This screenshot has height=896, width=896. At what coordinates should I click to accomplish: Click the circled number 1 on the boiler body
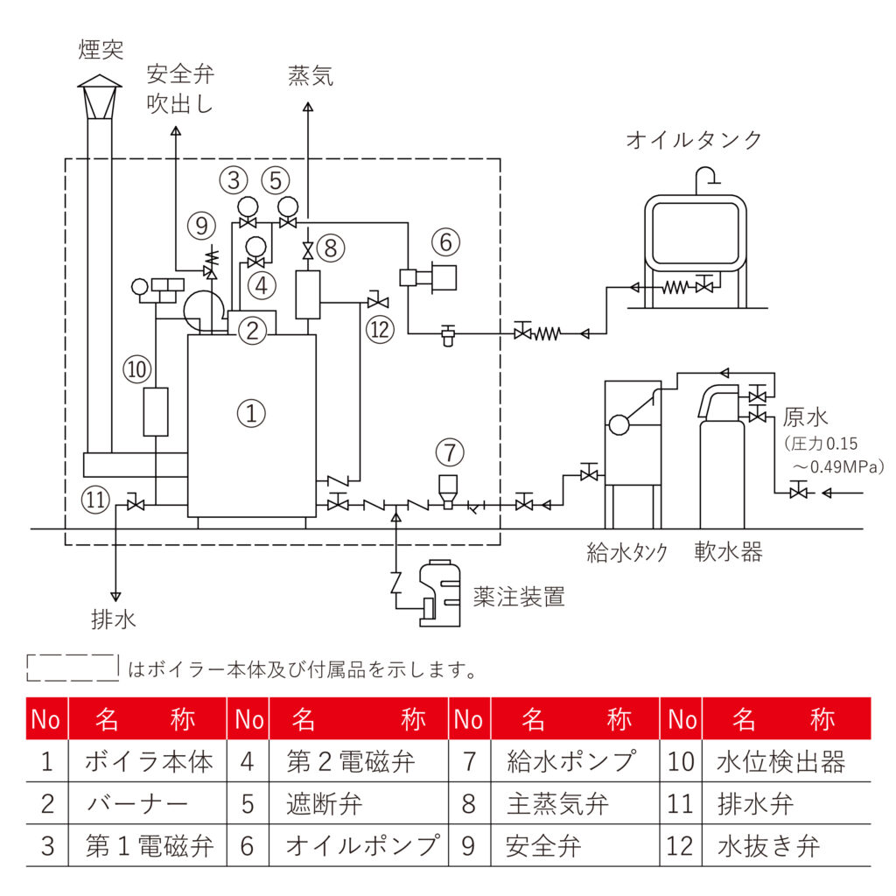pos(251,413)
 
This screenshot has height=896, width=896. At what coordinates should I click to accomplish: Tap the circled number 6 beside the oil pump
pos(444,241)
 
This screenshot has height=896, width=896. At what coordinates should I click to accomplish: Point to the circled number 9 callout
pos(200,226)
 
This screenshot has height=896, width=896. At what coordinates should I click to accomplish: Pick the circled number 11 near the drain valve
pos(96,500)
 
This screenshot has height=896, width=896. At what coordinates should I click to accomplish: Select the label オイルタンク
pos(694,140)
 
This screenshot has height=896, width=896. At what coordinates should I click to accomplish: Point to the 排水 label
pos(114,620)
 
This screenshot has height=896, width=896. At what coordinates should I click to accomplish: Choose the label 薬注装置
pos(518,598)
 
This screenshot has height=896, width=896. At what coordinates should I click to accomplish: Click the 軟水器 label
pos(728,552)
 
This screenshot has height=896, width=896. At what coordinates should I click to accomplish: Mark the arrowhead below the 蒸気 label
pos(308,108)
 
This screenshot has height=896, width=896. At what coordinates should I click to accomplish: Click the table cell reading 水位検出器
pos(780,761)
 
